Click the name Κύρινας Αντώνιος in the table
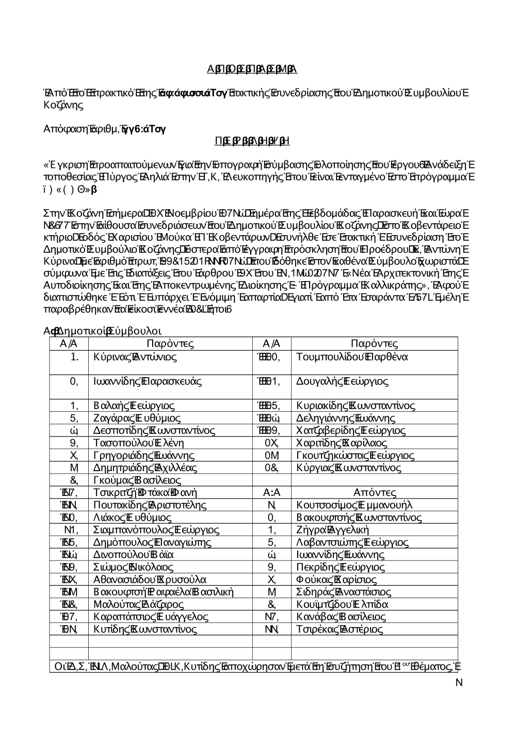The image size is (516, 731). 135,357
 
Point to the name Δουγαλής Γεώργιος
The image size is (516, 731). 343,382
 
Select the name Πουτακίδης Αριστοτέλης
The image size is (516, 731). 150,505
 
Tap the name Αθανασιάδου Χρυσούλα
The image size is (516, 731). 150,579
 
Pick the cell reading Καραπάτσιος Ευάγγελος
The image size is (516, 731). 151,616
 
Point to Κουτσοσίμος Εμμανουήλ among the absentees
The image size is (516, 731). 354,505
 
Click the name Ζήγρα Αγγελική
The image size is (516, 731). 333,530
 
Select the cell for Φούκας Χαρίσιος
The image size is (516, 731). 337,579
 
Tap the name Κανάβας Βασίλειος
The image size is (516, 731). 341,616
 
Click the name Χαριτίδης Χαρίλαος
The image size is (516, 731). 342,443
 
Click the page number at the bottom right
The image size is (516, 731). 459,682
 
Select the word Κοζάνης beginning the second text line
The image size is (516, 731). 61,105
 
